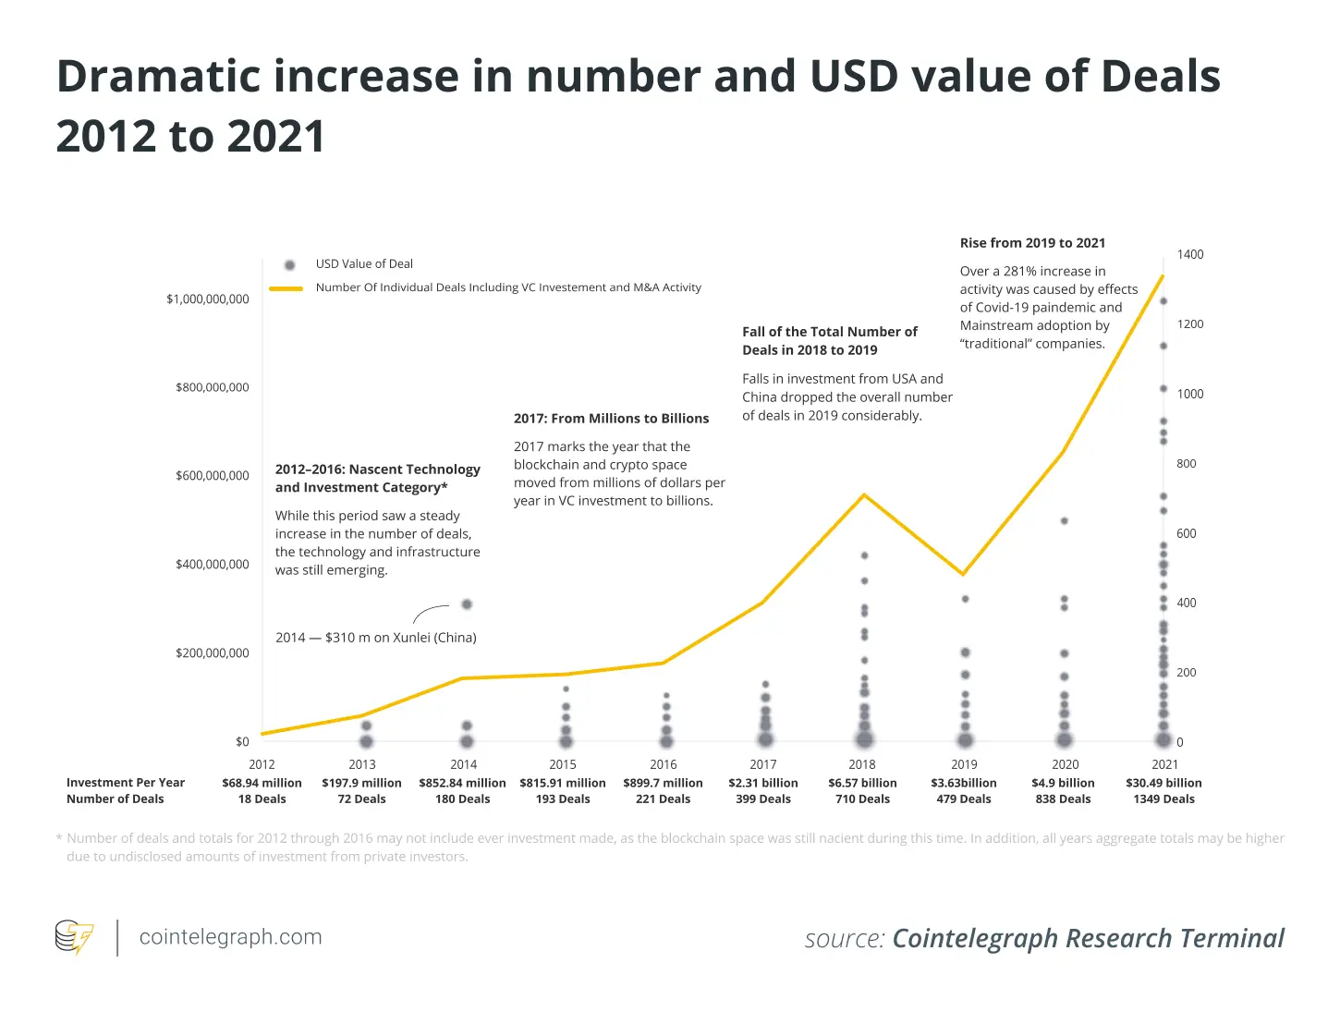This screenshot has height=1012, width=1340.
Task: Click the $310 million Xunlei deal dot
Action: click(x=467, y=604)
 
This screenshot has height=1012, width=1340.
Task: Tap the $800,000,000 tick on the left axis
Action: click(x=212, y=387)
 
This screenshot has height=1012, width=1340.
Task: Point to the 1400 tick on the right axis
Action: click(x=1190, y=254)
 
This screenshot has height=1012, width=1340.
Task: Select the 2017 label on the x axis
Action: click(x=763, y=764)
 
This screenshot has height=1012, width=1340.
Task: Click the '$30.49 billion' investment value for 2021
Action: click(x=1163, y=783)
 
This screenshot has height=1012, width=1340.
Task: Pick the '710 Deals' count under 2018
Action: click(x=862, y=799)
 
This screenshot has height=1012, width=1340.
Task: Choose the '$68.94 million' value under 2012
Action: click(x=262, y=783)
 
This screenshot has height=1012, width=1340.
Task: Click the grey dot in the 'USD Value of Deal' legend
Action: click(x=289, y=264)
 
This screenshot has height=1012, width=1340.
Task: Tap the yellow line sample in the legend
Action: click(x=286, y=288)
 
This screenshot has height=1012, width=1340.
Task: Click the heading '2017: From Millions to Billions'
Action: click(x=611, y=419)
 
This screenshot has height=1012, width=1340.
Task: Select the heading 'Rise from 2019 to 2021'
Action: click(x=1032, y=243)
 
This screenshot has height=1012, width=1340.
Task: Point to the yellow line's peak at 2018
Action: click(x=863, y=495)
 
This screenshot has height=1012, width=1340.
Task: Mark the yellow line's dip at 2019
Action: click(x=964, y=574)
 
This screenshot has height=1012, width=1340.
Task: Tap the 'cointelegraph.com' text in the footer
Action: click(x=230, y=936)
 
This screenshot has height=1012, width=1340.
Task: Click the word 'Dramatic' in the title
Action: click(x=158, y=77)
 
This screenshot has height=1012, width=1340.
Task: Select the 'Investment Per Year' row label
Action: click(x=126, y=783)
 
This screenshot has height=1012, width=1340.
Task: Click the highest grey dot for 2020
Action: click(x=1064, y=521)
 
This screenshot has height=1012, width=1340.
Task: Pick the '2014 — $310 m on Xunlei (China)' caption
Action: click(x=376, y=638)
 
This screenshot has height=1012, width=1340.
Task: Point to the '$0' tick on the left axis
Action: click(x=242, y=741)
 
